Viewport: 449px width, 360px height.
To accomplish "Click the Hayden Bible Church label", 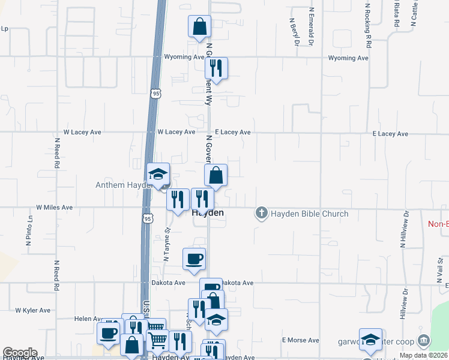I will point(310,214).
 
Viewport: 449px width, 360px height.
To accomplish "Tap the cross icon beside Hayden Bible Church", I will point(261,213).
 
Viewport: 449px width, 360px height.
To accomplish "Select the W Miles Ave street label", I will point(54,207).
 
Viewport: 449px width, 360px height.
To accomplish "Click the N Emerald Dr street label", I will point(312,28).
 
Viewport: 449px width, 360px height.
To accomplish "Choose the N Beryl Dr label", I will point(294,31).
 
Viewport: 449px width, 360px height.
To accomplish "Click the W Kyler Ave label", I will point(33,310).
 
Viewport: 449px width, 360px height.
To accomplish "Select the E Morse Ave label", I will point(301,340).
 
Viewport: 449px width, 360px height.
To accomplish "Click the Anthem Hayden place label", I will point(122,185).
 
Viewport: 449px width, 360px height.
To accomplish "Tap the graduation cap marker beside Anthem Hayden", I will point(158,175).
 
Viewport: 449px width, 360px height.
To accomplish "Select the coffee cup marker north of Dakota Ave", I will point(194,259).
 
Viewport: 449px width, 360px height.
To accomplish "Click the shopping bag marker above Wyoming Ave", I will point(199,27).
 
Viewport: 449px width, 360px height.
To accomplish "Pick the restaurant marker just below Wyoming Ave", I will point(216,68).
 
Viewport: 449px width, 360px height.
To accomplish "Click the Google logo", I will point(20,353).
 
